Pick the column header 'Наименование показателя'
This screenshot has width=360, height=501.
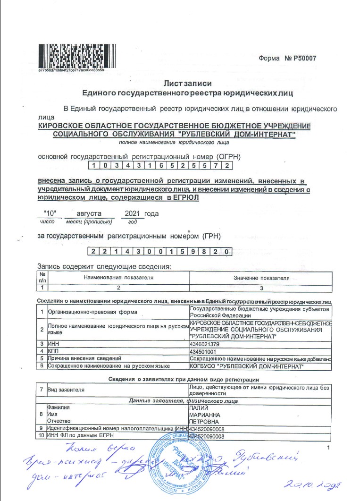[118, 278]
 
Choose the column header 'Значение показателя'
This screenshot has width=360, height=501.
[261, 278]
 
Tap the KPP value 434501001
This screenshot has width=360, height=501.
[203, 352]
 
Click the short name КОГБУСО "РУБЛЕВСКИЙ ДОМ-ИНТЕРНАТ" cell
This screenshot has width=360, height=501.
[245, 366]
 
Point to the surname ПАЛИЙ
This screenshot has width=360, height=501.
[198, 407]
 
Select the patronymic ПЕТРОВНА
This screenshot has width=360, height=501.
[204, 420]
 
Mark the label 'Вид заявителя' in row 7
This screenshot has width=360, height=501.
[66, 390]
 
